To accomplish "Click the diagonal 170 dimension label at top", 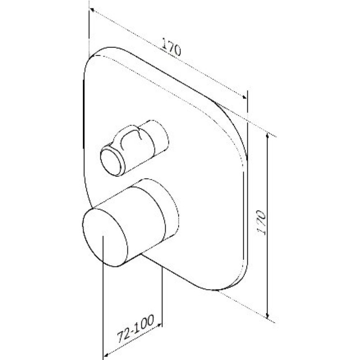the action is [x=171, y=47].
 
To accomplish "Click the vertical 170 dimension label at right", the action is [x=261, y=222].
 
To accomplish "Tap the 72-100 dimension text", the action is [x=135, y=328].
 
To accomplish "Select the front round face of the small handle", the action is [x=112, y=161].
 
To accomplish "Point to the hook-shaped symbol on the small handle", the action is [x=130, y=139].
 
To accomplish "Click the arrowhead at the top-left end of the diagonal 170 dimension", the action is [x=92, y=9].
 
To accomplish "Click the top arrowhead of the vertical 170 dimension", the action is [x=267, y=136].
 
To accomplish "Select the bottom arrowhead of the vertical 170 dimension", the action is [x=267, y=316].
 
